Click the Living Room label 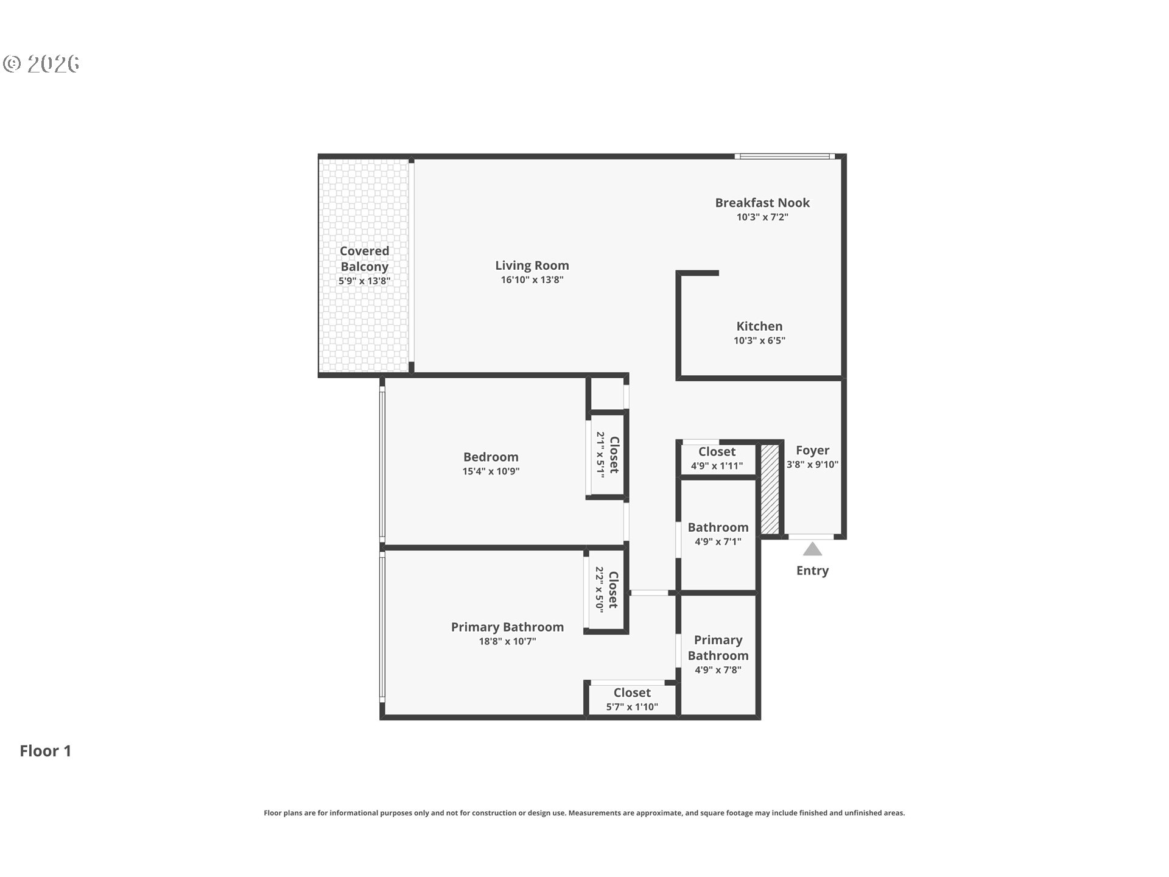[x=532, y=266]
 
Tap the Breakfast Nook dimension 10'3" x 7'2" [x=762, y=217]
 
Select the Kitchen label [x=759, y=326]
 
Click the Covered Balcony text [x=364, y=259]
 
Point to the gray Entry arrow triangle [x=812, y=550]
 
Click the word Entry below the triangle [x=812, y=571]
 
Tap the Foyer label [x=812, y=451]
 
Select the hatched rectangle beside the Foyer [x=770, y=490]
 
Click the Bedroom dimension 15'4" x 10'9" [x=491, y=471]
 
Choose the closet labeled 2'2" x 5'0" [x=606, y=589]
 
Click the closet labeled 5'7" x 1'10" [x=632, y=700]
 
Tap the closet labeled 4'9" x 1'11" [x=717, y=459]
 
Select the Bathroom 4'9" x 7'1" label [x=718, y=534]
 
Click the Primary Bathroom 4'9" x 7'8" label [x=718, y=654]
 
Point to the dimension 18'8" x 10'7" [x=507, y=641]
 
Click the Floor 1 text [x=46, y=751]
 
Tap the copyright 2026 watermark [x=41, y=64]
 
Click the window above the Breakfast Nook [x=785, y=157]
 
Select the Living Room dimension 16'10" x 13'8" [x=532, y=280]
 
